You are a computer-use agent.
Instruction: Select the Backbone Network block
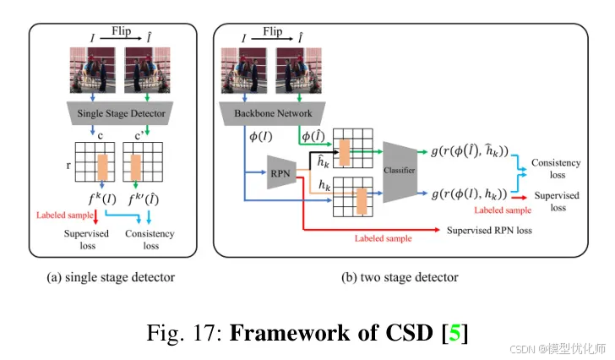(266, 112)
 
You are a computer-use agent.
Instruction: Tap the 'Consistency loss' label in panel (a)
(150, 240)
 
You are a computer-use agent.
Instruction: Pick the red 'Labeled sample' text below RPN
(383, 238)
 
